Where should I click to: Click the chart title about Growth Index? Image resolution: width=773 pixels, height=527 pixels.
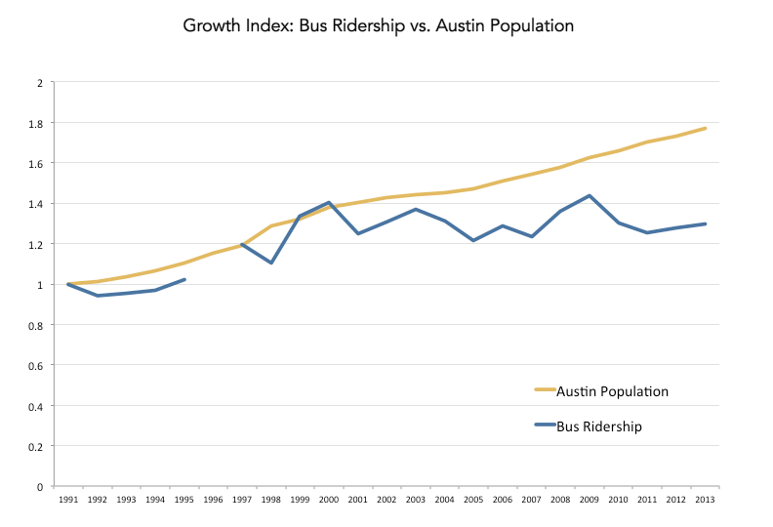[x=379, y=26]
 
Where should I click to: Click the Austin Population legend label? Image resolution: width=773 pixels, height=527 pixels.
[x=612, y=391]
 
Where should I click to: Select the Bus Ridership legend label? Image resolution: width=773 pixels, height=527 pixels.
[x=599, y=426]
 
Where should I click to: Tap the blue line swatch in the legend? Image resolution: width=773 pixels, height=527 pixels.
[x=545, y=426]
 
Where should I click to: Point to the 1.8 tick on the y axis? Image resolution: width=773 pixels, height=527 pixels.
[x=39, y=123]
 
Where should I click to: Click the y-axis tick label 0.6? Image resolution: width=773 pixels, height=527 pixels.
[x=39, y=365]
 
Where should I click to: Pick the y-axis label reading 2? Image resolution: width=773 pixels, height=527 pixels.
[x=41, y=83]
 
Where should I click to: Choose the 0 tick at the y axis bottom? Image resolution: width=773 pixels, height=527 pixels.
[x=41, y=486]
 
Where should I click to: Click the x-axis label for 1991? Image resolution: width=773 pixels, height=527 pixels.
[x=68, y=500]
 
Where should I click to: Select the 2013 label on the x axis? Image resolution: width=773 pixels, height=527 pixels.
[x=705, y=500]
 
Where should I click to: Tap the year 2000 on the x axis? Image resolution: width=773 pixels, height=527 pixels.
[x=329, y=500]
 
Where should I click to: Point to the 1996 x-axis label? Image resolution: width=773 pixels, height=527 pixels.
[x=213, y=500]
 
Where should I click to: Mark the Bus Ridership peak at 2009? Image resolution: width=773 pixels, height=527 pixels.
[x=589, y=195]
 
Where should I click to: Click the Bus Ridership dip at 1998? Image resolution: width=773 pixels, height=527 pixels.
[x=270, y=263]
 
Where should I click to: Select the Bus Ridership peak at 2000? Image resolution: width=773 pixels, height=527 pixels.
[x=329, y=202]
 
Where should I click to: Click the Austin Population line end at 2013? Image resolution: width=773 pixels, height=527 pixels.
[x=705, y=128]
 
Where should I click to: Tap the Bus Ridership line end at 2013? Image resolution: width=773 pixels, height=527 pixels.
[x=705, y=223]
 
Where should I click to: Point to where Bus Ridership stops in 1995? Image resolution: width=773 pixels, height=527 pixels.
[x=184, y=279]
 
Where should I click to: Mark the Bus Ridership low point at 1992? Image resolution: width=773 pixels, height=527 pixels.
[x=98, y=296]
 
